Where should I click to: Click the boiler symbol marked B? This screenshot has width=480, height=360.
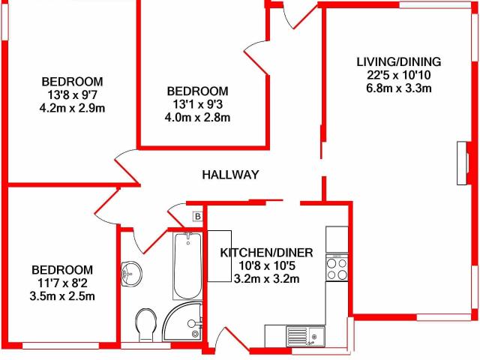(198, 217)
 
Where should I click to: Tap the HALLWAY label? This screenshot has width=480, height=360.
(230, 175)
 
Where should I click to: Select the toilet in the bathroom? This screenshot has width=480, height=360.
(145, 325)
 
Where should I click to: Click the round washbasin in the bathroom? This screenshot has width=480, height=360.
(132, 273)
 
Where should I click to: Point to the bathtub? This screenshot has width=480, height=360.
(187, 265)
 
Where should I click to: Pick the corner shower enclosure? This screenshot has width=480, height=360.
(183, 321)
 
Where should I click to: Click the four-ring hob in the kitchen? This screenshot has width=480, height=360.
(337, 268)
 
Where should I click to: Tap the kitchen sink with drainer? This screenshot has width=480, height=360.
(305, 336)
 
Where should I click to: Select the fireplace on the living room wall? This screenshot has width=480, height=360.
(463, 163)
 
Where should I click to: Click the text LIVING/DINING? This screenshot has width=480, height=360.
(399, 61)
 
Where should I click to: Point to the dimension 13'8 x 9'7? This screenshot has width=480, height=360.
(72, 95)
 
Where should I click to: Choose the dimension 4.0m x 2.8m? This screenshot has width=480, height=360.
(197, 118)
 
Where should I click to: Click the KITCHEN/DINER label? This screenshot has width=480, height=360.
(267, 253)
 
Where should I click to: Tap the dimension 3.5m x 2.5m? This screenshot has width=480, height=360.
(62, 296)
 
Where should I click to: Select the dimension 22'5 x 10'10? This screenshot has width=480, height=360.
(399, 75)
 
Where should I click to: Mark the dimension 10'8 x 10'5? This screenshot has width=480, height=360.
(267, 265)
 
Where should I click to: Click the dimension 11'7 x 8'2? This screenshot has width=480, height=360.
(62, 283)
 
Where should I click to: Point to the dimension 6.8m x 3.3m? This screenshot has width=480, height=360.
(399, 88)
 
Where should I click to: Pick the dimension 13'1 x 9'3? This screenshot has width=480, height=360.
(197, 104)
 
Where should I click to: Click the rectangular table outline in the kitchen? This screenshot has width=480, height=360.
(220, 256)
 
